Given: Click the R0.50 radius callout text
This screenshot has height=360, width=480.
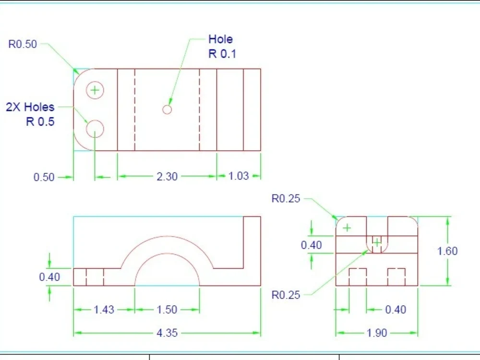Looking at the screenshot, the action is point(23,44).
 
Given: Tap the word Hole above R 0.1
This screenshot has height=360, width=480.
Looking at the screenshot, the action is point(220,39).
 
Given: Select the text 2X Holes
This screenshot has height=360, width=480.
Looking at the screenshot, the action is point(30,107).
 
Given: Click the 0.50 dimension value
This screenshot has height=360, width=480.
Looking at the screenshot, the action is point(44,177).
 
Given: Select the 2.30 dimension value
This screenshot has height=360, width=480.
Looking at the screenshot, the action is point(167,177).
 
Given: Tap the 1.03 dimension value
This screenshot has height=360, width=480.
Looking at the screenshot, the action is point(239,176).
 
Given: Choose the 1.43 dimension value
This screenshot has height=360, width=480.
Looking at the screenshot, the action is point(104,310).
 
